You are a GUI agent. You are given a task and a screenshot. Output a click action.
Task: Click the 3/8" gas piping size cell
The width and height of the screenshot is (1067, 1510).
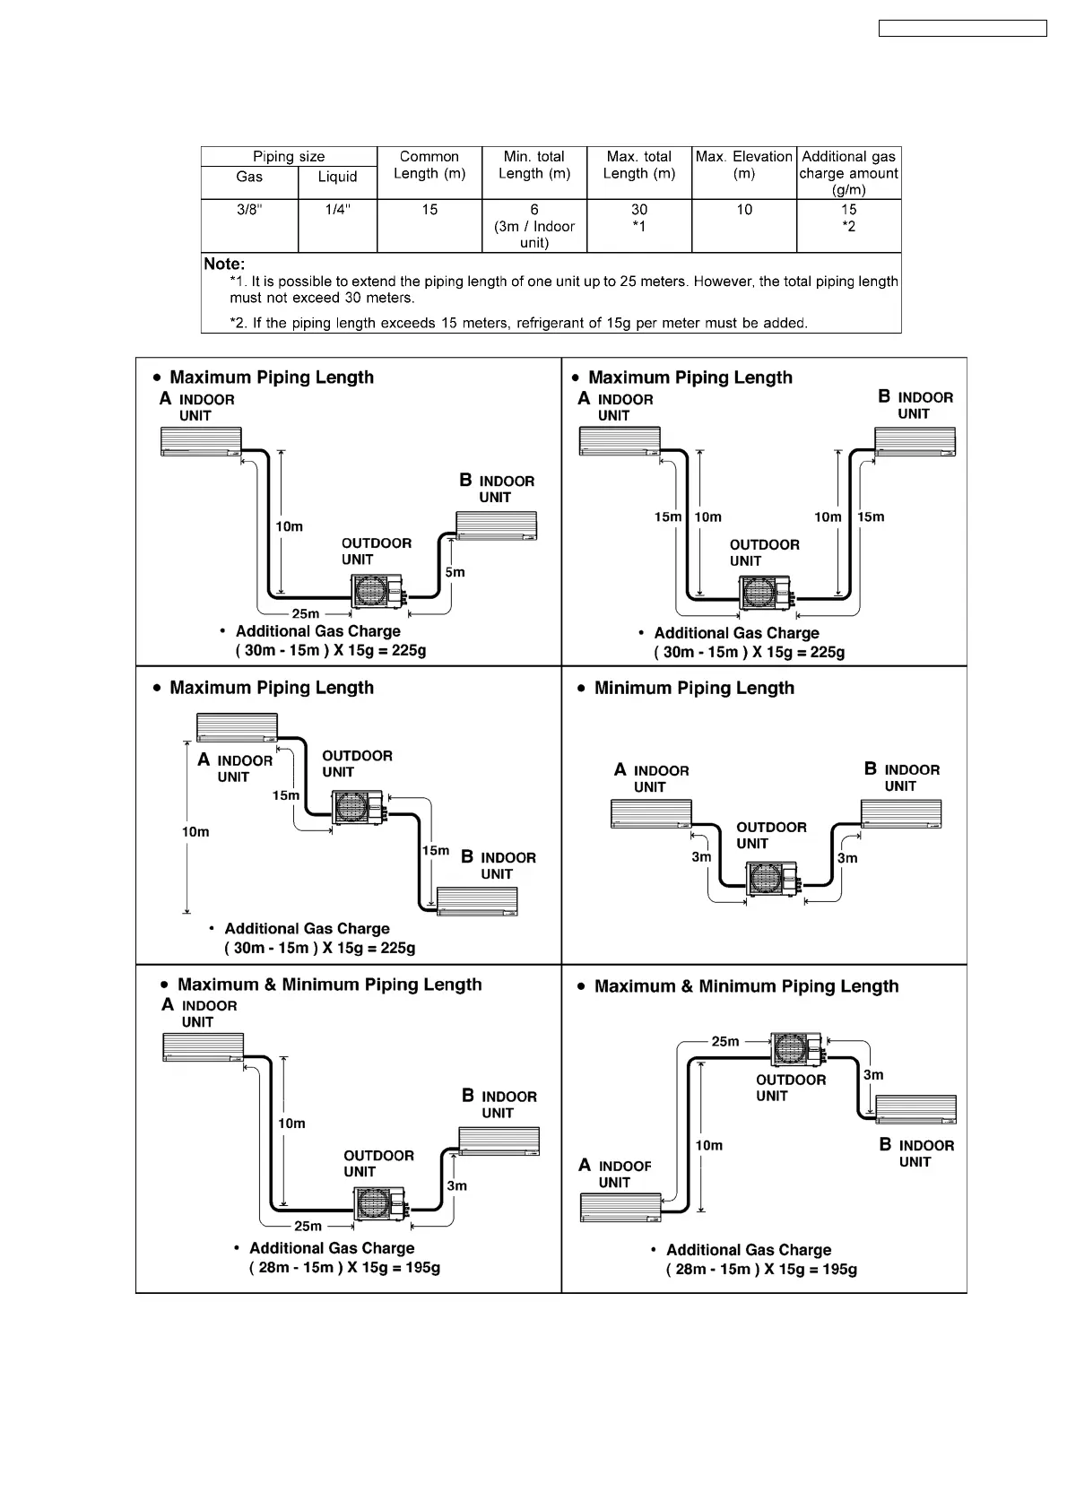point(249,210)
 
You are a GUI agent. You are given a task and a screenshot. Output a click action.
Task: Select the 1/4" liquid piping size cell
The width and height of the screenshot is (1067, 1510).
point(337,210)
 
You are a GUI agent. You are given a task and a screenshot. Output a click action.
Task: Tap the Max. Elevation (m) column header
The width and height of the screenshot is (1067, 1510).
point(743,165)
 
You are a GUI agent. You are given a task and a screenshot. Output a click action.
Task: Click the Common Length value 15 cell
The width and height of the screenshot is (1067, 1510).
point(429,210)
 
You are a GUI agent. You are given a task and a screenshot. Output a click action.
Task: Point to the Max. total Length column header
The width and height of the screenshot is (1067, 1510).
point(638,165)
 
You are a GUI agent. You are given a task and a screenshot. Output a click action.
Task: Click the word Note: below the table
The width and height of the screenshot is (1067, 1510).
point(224,264)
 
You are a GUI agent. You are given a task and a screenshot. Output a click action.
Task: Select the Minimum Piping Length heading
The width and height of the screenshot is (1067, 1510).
point(694,689)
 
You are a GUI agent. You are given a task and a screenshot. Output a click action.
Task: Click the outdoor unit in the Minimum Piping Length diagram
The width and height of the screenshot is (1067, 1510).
point(772,880)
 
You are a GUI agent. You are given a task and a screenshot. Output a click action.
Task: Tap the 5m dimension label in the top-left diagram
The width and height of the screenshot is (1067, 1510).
point(455,572)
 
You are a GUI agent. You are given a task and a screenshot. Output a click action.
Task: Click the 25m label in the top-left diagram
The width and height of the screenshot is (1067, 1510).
point(306,614)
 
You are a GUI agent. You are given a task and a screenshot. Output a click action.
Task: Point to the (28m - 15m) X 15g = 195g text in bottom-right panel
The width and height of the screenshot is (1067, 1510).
point(761,1270)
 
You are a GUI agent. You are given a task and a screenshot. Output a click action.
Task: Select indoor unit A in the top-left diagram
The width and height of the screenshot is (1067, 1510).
point(201,441)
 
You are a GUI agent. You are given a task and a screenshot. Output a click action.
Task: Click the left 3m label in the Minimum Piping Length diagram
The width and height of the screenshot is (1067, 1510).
point(701,857)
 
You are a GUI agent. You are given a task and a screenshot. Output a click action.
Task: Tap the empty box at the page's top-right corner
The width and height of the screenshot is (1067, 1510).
point(962,29)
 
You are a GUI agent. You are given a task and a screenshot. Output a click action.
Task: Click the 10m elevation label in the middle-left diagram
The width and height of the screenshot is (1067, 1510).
point(195,832)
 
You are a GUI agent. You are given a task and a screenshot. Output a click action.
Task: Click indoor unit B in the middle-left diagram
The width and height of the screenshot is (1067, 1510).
point(477,901)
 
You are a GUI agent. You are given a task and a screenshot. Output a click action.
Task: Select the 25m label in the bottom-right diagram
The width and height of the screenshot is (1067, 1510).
point(725,1042)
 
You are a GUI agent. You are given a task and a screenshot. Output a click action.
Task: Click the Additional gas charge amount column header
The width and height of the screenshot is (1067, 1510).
point(848,172)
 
